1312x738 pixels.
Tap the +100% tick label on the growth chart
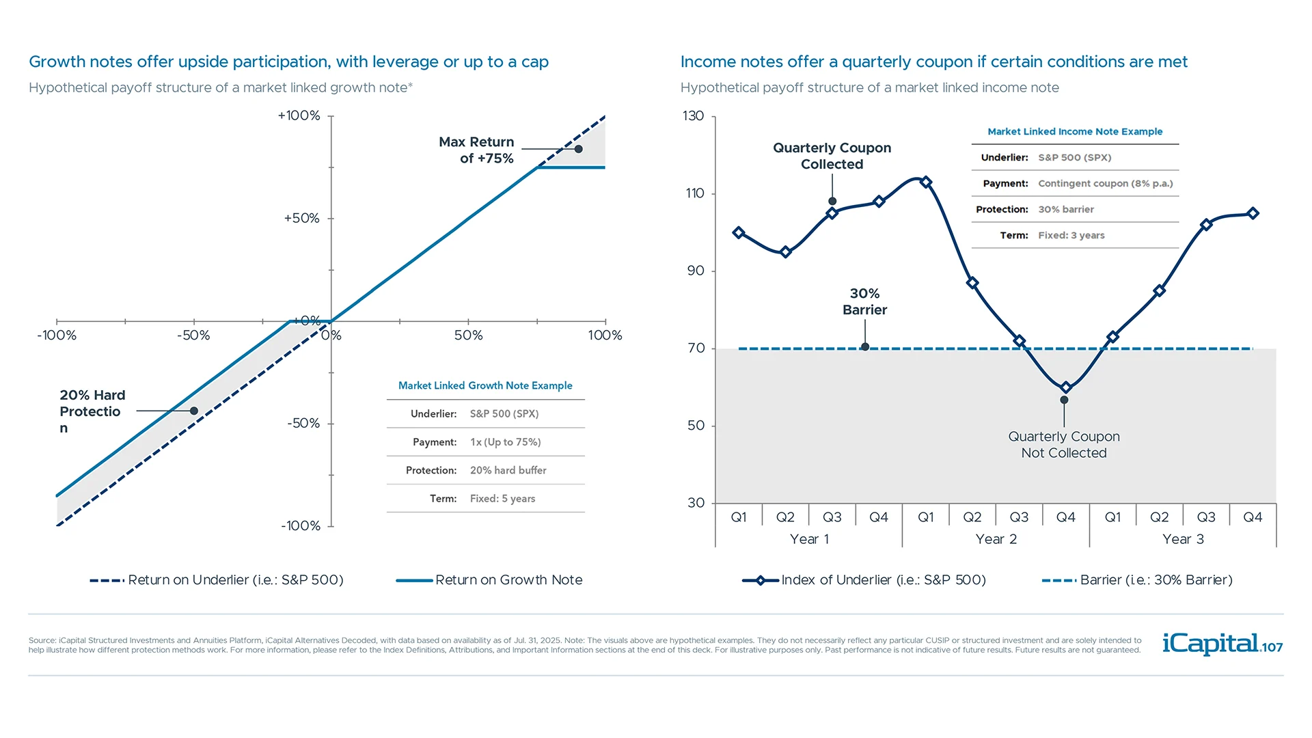299,115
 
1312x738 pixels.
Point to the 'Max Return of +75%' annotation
477,150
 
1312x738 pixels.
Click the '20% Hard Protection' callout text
92,411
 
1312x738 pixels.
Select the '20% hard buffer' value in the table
508,470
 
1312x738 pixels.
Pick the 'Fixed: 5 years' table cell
502,499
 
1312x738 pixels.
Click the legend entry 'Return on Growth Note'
508,580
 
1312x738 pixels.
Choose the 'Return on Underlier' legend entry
235,580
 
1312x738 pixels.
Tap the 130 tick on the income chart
693,116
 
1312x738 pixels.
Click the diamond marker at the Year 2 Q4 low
1065,387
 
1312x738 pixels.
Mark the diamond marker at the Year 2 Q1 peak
926,182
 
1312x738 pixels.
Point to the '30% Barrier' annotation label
864,301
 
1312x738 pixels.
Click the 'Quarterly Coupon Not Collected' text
1063,445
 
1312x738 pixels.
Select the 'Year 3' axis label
1183,539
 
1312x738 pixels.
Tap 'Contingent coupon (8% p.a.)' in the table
1105,183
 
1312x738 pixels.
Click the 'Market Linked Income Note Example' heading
1074,131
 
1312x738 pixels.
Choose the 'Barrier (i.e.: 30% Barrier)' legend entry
1156,580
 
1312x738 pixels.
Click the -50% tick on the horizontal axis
193,336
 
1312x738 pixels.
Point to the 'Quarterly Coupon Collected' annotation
832,156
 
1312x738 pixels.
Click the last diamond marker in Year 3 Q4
1253,213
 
